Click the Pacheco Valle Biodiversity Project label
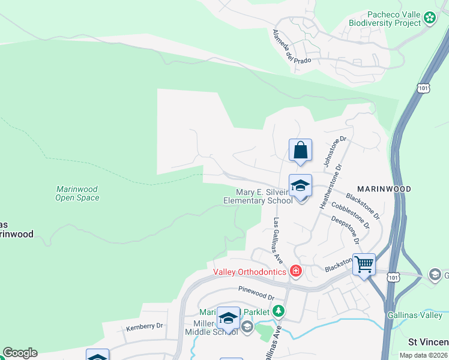pos(385,19)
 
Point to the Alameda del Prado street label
pos(285,46)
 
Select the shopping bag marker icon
pos(300,150)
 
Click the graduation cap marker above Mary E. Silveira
pos(300,185)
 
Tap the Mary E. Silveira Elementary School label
pos(258,196)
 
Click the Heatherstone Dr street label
pos(331,187)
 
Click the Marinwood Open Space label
pos(77,193)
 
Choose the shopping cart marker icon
pos(364,264)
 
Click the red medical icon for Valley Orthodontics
pos(295,272)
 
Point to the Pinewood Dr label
pos(256,297)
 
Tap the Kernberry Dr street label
pos(144,326)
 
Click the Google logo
pos(20,353)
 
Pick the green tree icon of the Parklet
pos(278,311)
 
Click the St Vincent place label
pos(428,342)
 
